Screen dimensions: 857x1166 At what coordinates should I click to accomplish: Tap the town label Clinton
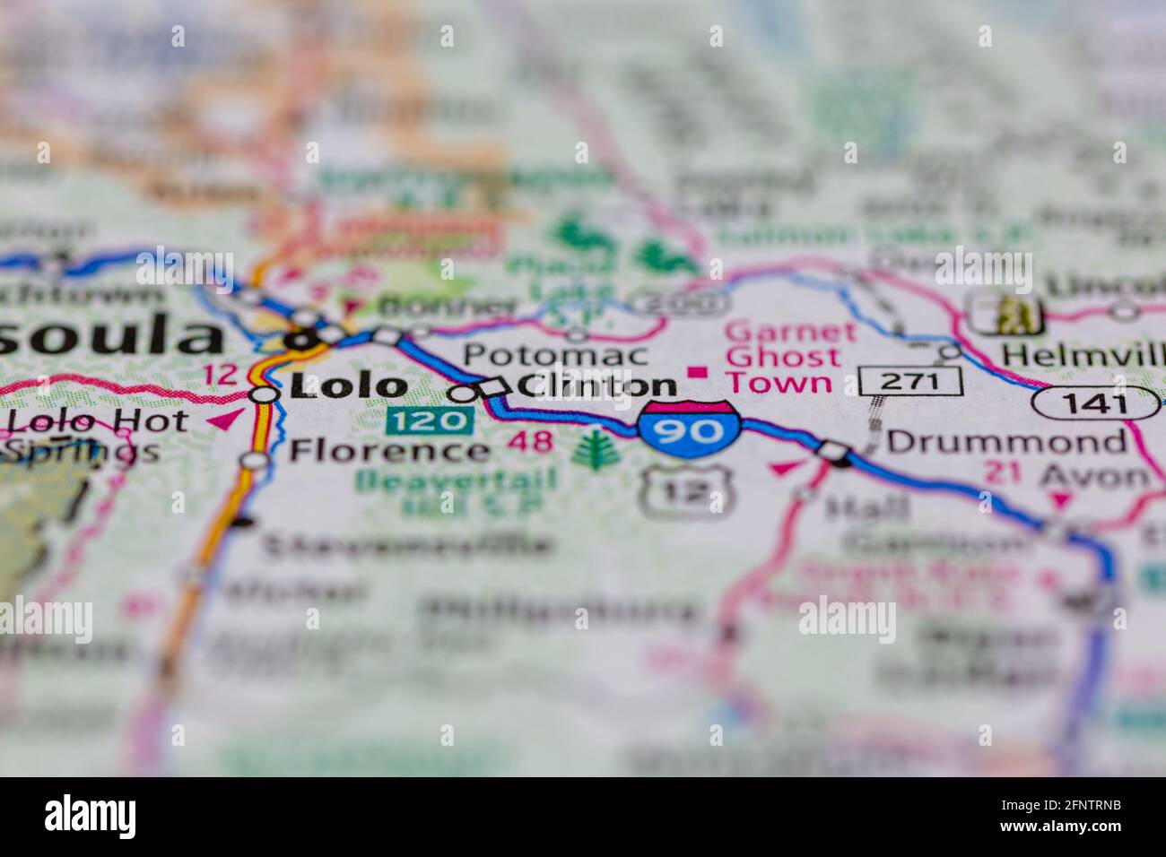(x=597, y=385)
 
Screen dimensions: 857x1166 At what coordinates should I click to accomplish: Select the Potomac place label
(x=555, y=354)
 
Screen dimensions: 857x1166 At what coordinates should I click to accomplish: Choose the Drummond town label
(x=1006, y=441)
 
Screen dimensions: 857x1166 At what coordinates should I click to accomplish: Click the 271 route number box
(x=911, y=381)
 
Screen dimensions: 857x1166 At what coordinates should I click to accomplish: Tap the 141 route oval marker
(x=1095, y=403)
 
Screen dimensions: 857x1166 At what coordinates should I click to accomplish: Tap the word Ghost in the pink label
(x=783, y=357)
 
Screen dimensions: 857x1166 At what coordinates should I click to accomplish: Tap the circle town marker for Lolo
(x=264, y=394)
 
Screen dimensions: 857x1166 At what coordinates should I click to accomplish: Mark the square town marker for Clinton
(x=492, y=387)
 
